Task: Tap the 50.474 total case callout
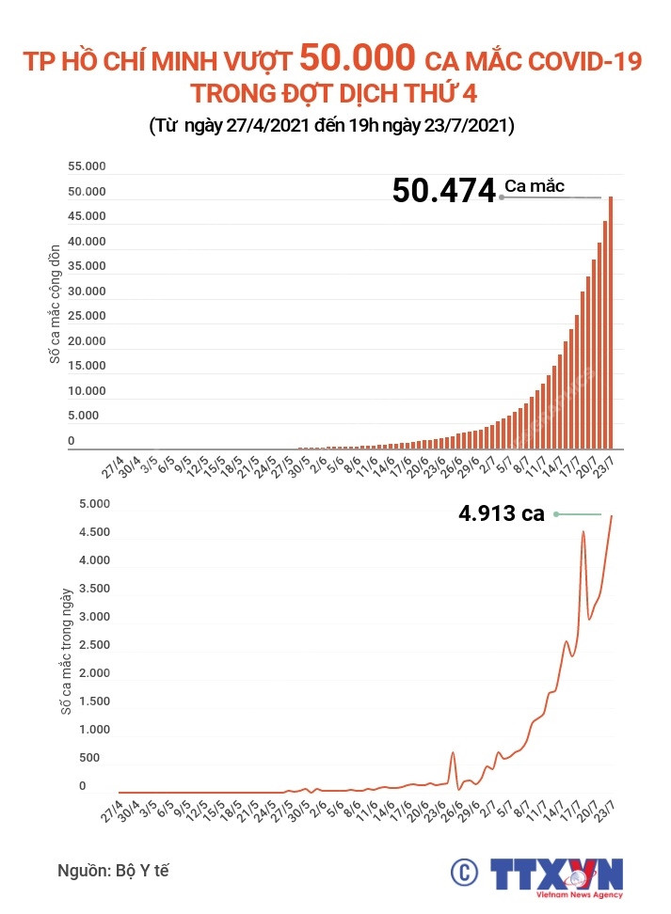(443, 190)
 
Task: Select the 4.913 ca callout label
(501, 513)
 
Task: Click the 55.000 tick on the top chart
(87, 166)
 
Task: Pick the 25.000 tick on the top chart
(87, 316)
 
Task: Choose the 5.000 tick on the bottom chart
(94, 504)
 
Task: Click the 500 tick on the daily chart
(89, 758)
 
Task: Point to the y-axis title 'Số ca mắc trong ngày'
(67, 652)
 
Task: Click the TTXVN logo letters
(556, 872)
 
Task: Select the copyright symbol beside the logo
(462, 873)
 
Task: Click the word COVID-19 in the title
(577, 63)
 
